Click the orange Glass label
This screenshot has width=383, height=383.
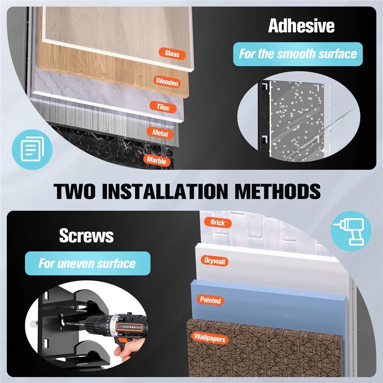pos(172,54)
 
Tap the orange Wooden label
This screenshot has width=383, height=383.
pos(167,82)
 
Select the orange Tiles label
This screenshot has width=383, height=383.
pos(163,107)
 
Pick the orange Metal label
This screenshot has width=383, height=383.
pos(160,133)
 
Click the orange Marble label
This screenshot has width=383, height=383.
pos(157,160)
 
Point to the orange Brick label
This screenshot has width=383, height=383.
pos(218,223)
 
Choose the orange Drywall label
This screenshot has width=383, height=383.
pos(215,261)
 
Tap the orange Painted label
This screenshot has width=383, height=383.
pos(210,300)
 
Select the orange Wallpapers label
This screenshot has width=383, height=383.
pos(210,338)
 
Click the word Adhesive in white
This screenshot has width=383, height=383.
pos(301,26)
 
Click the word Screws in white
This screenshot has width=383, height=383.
pos(87,236)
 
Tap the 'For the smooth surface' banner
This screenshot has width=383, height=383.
pos(298,54)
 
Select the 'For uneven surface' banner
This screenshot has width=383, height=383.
pos(87,264)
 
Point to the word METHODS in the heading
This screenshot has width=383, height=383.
pos(277,191)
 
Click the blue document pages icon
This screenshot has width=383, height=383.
pos(32,149)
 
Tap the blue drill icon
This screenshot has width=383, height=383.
pos(351,231)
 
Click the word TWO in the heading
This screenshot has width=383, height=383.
pos(74,191)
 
